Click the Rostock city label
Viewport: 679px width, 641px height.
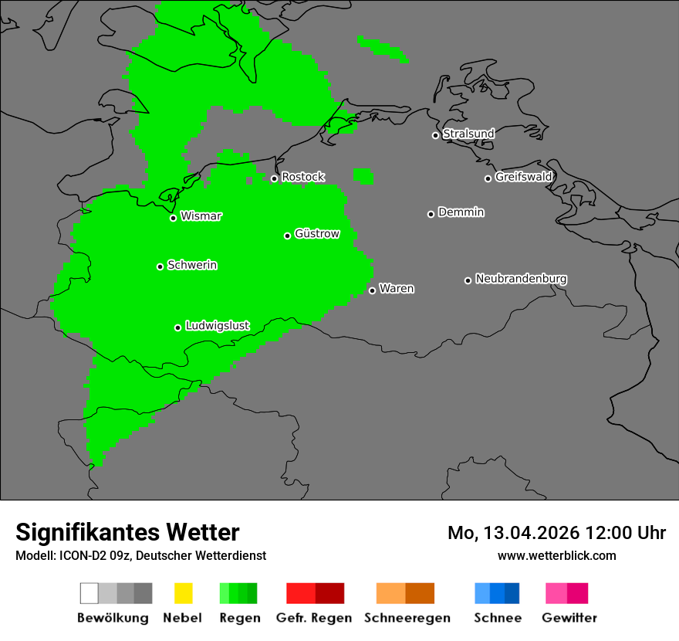[x=302, y=177]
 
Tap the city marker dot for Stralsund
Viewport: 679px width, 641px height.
[x=435, y=135]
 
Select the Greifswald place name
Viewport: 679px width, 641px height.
[x=523, y=177]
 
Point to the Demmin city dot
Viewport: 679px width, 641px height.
[x=431, y=214]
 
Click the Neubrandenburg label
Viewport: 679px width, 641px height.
[x=521, y=279]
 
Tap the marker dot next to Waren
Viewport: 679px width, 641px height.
[x=372, y=290]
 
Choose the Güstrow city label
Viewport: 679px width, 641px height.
[x=316, y=234]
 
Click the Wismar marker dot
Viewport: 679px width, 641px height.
[x=173, y=218]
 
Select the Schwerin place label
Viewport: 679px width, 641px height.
[x=192, y=265]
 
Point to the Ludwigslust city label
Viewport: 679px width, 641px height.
[x=217, y=326]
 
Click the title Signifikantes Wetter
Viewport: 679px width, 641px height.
[x=127, y=532]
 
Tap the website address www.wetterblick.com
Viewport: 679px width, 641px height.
[x=556, y=555]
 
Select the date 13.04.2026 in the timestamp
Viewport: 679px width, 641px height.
[x=532, y=533]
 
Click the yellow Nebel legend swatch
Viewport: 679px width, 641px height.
[x=183, y=593]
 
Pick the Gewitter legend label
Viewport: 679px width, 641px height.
[x=569, y=618]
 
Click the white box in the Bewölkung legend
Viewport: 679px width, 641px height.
[x=90, y=593]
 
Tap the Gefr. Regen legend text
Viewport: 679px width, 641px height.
[x=313, y=618]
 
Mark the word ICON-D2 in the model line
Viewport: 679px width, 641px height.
[x=78, y=556]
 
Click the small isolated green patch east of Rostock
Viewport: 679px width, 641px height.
[x=363, y=175]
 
